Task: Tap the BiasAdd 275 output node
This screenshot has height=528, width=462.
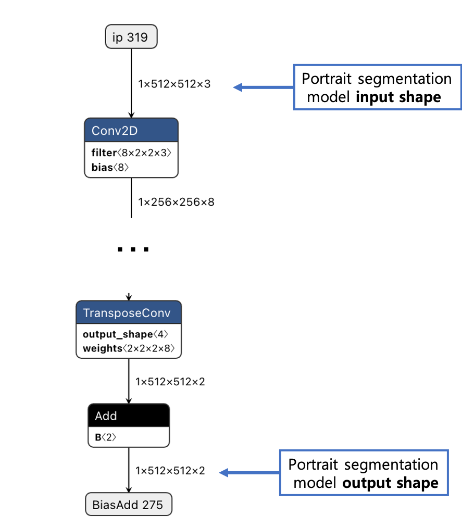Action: (128, 505)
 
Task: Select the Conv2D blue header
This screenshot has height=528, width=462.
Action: (131, 131)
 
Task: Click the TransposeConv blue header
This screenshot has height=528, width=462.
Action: (129, 313)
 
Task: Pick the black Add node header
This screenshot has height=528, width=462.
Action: (129, 416)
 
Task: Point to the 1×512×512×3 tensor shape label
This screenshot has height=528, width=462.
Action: (174, 83)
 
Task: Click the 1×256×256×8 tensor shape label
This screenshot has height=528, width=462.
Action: (176, 202)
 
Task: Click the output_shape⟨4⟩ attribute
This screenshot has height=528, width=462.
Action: (126, 334)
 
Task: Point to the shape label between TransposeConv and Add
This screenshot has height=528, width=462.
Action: (170, 382)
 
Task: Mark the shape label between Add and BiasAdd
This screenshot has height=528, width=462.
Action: (170, 471)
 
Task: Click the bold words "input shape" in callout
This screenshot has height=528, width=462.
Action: (398, 97)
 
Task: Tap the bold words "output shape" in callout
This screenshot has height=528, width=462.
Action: (390, 483)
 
